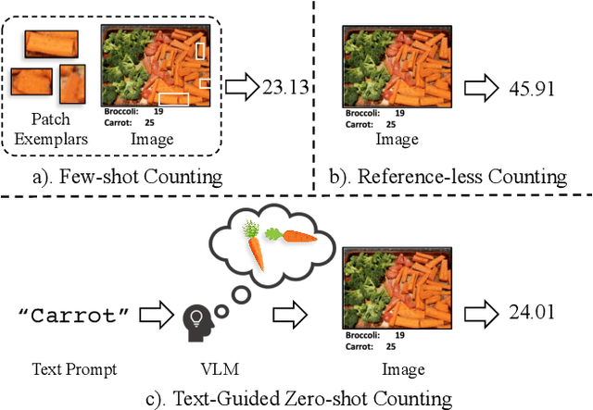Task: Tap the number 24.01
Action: [x=531, y=312]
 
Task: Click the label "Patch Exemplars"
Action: [x=51, y=130]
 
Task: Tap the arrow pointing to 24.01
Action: [x=484, y=312]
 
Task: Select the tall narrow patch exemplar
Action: [x=73, y=83]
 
